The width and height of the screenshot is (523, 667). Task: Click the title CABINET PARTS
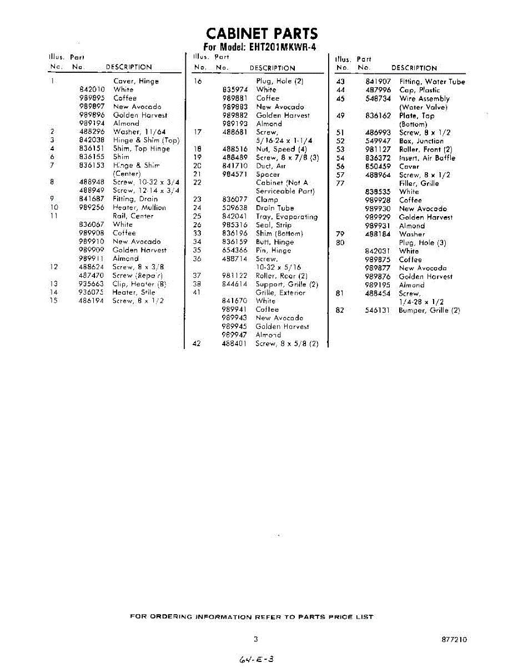(262, 33)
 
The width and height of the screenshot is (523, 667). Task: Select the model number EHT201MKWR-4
(279, 47)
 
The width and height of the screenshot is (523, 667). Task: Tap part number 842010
(92, 89)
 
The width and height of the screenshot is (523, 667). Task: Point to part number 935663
(92, 283)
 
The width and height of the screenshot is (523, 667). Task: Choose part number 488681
(234, 132)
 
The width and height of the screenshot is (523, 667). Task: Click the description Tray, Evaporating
(286, 217)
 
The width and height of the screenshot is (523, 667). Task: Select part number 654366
(234, 250)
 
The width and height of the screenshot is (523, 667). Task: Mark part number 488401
(234, 344)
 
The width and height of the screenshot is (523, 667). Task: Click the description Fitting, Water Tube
(432, 82)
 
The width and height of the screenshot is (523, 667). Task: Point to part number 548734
(378, 98)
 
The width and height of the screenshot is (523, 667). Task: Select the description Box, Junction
(421, 141)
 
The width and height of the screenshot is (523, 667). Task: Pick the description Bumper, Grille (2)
(429, 310)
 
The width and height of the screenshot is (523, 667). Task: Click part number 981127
(378, 150)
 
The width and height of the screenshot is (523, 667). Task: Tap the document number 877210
(454, 640)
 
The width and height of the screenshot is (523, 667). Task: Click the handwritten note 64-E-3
(256, 659)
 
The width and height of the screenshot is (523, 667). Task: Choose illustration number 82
(340, 310)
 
